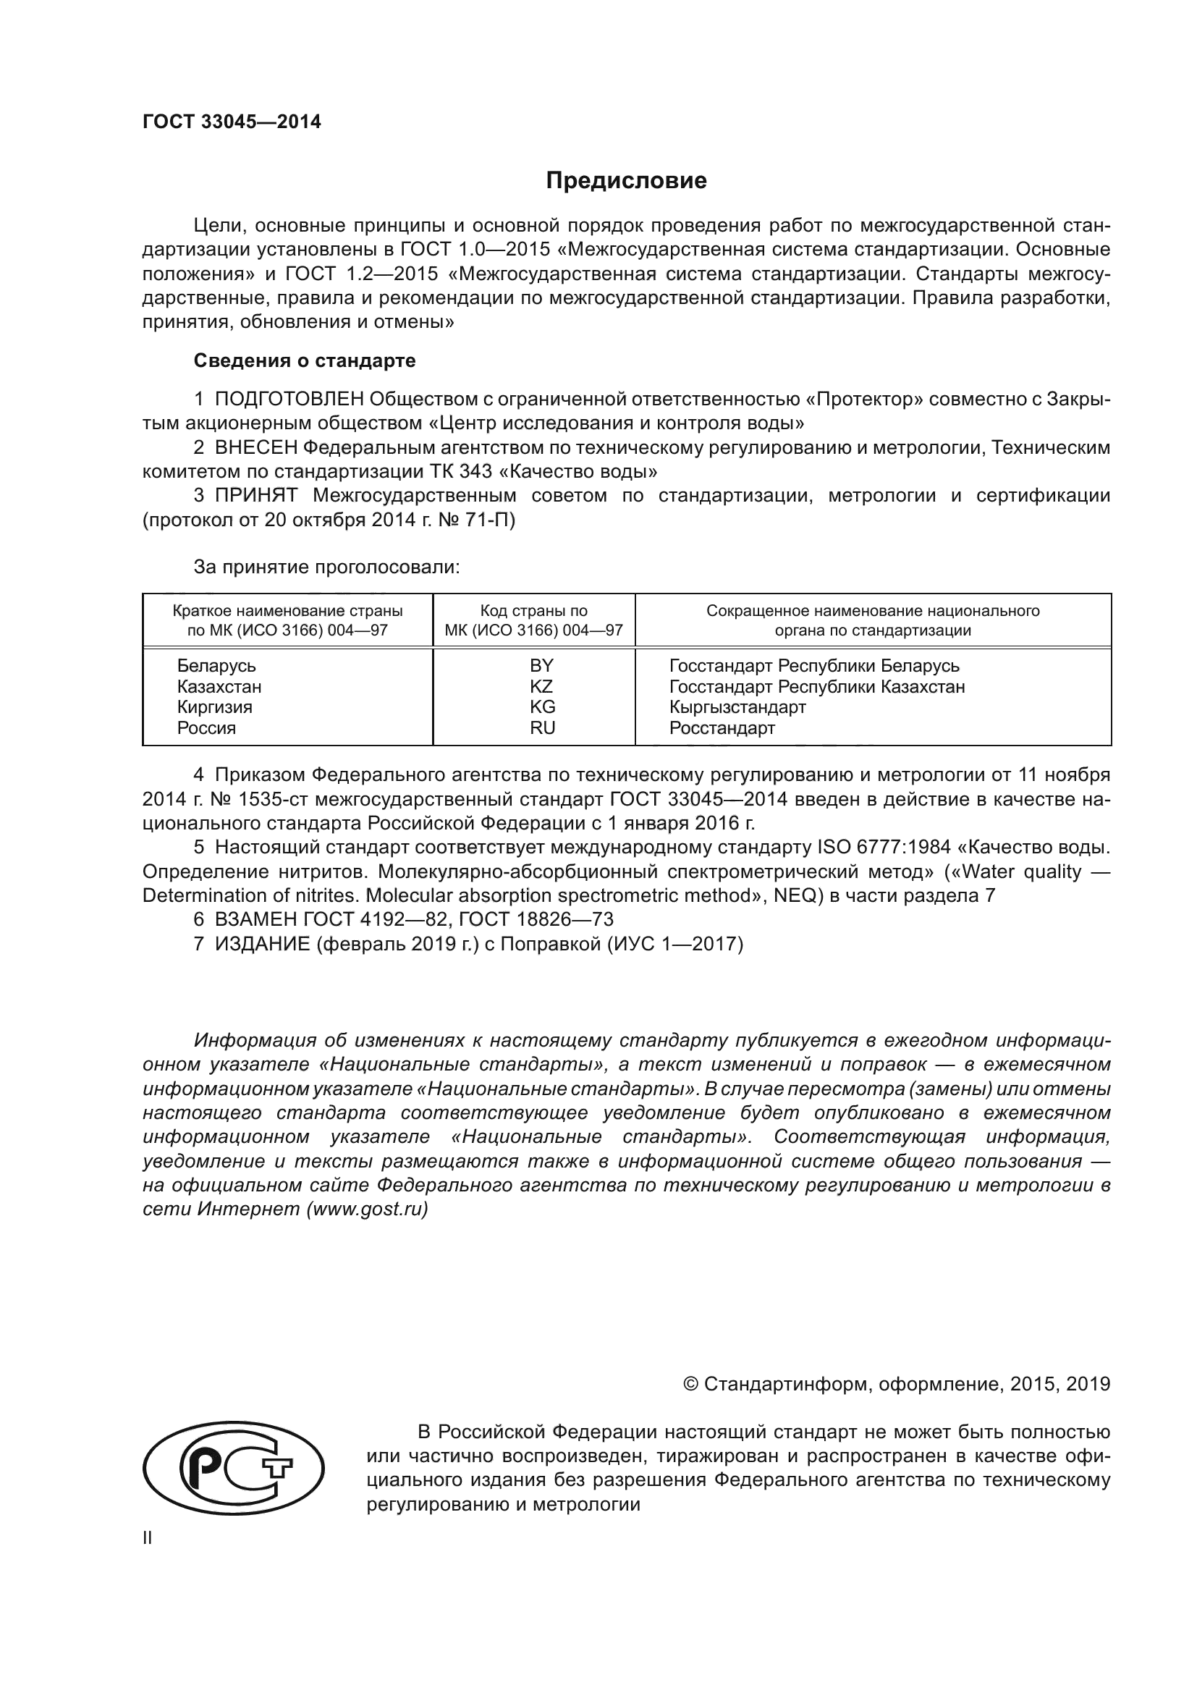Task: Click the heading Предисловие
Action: click(x=626, y=181)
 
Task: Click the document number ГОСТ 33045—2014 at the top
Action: click(x=232, y=122)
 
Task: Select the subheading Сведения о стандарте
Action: click(x=305, y=360)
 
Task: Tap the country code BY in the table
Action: click(x=541, y=666)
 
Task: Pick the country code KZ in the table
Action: click(x=541, y=686)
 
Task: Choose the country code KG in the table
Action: click(x=542, y=707)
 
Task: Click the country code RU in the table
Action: click(x=542, y=727)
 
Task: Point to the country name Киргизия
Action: click(x=214, y=707)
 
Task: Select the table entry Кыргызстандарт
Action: click(x=737, y=707)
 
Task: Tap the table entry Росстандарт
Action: click(x=722, y=727)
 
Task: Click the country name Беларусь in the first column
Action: click(x=216, y=666)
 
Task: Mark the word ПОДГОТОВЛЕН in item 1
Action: click(x=289, y=400)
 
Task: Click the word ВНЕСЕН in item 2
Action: click(x=255, y=447)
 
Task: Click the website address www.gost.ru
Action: click(x=366, y=1209)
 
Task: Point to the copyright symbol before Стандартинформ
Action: click(x=690, y=1384)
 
